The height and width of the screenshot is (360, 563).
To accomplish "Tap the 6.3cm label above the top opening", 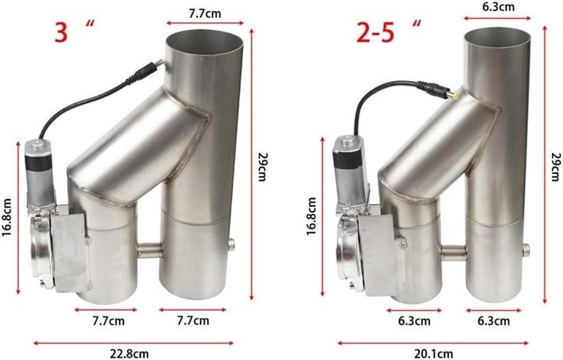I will (498, 8).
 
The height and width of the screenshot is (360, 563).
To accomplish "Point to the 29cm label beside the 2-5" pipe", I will (555, 164).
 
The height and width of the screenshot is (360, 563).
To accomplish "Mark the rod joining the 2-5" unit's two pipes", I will (451, 253).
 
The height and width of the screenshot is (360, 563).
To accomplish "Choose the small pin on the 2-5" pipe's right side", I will (526, 248).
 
